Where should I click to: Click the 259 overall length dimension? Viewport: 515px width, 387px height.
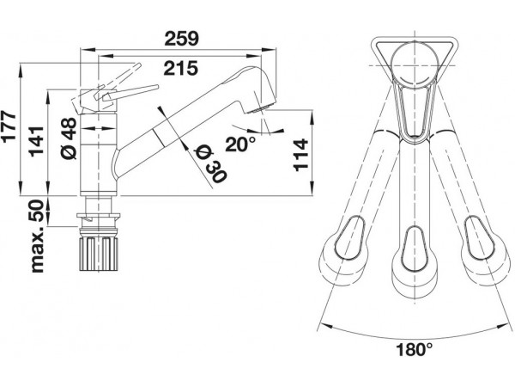[181, 39]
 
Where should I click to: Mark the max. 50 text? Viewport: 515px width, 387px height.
[37, 236]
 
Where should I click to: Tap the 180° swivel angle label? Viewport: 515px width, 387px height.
[412, 351]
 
